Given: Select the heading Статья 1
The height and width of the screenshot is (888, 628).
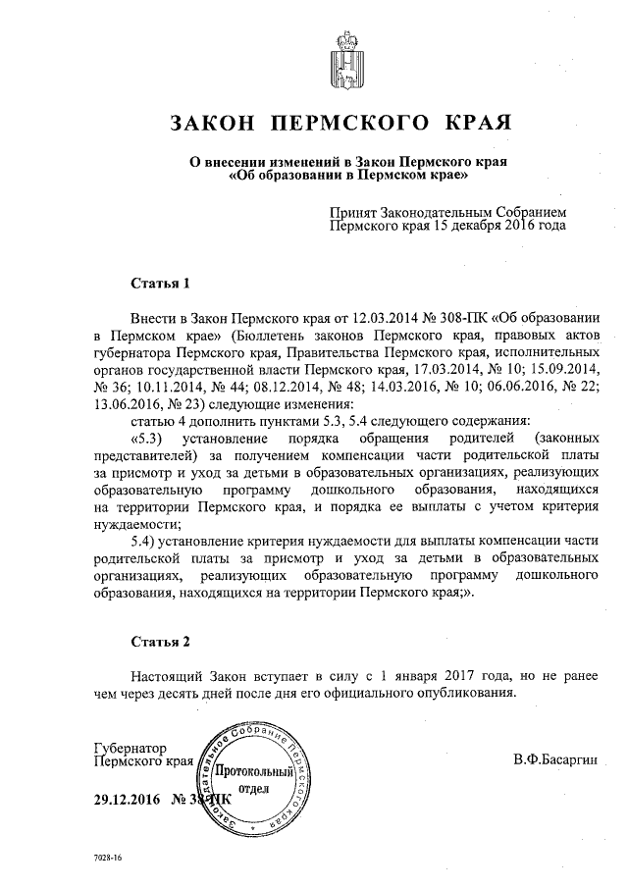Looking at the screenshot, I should tap(160, 284).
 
